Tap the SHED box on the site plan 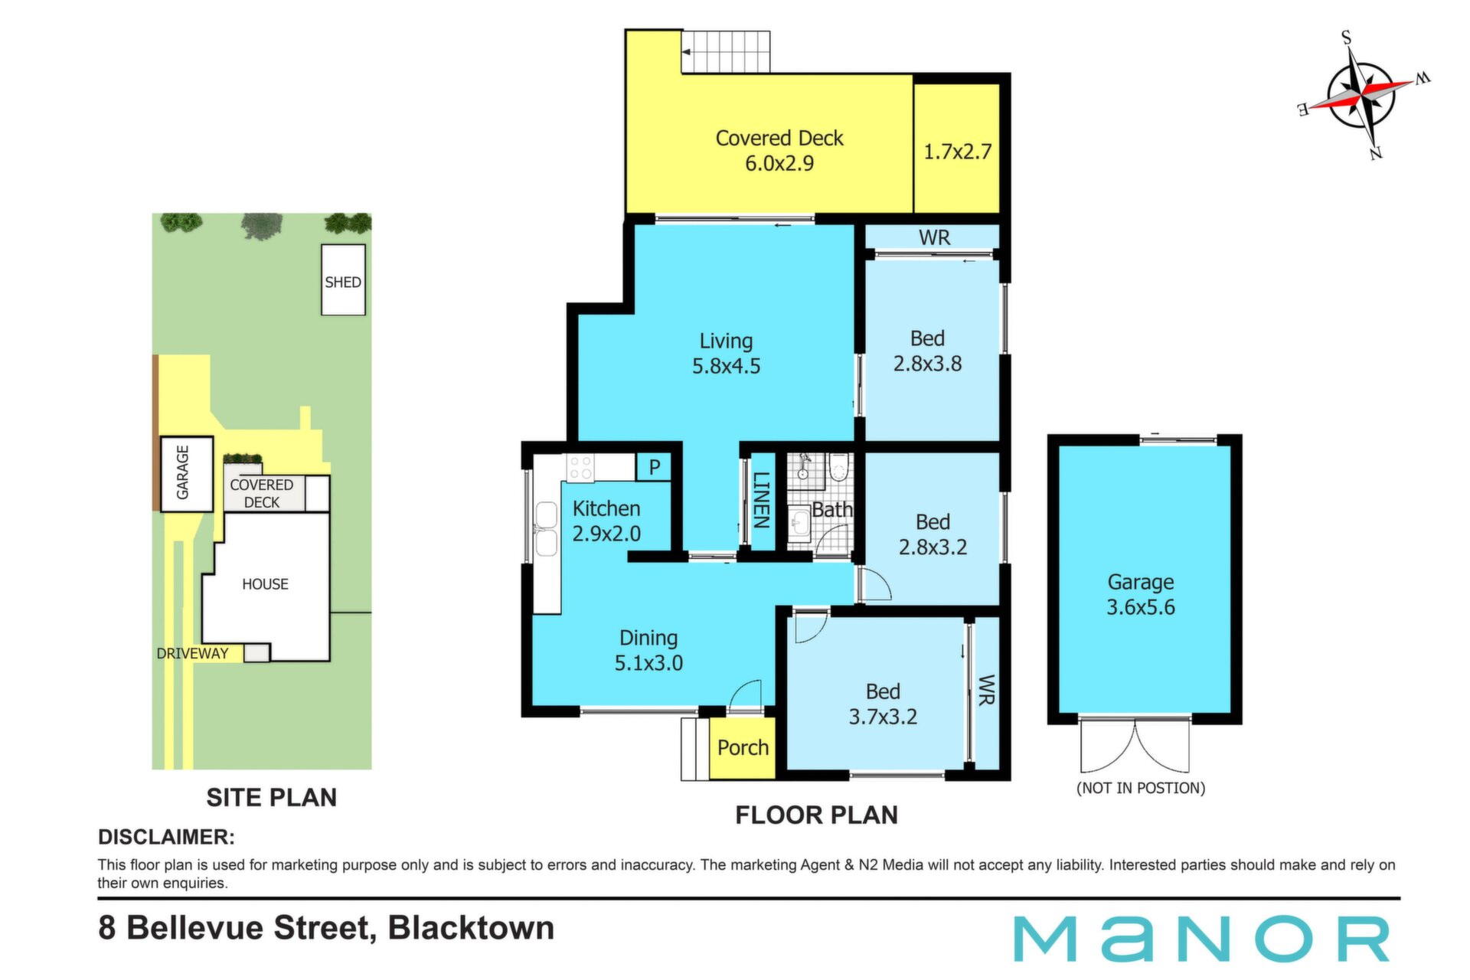pos(343,280)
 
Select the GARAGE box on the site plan pos(186,474)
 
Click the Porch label pos(743,747)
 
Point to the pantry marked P pos(654,467)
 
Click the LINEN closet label pos(761,500)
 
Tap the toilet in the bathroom pos(839,466)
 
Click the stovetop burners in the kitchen pos(580,468)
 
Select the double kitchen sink pos(547,528)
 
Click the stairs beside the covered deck pos(726,52)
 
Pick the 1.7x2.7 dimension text pos(957,152)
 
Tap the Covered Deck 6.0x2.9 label pos(779,150)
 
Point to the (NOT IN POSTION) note pos(1141,788)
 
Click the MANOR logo pos(1202,939)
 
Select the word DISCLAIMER pos(166,837)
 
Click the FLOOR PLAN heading pos(816,815)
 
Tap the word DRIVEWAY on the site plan pos(192,653)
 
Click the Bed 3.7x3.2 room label pos(883,704)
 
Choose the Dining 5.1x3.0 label pos(648,651)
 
